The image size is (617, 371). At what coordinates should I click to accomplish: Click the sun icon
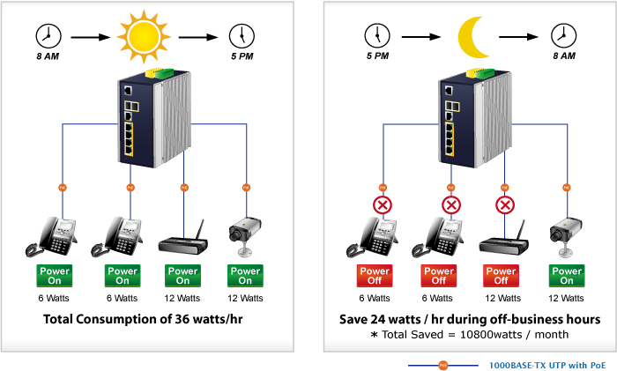click(x=144, y=37)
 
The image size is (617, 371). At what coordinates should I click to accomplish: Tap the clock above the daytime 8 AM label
click(x=48, y=36)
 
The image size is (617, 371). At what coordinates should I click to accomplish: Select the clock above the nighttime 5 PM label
click(x=377, y=36)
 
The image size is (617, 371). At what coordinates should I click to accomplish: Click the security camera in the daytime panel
click(x=245, y=236)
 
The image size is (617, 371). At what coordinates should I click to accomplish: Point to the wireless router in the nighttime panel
click(x=503, y=239)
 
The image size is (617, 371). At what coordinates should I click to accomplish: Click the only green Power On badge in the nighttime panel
click(x=567, y=276)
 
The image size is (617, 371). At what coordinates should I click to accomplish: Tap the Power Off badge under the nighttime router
click(x=501, y=276)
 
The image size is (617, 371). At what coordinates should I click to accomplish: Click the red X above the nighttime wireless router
click(x=505, y=205)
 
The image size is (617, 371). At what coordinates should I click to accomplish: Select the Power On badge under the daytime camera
click(x=245, y=276)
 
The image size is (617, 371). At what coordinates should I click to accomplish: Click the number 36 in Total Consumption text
click(x=181, y=319)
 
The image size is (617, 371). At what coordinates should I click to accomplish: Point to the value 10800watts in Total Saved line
click(x=491, y=335)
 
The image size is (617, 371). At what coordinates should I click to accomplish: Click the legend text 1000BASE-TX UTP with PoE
click(x=547, y=366)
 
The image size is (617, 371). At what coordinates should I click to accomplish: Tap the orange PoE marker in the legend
click(x=443, y=366)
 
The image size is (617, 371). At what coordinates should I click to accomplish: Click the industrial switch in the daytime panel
click(x=154, y=118)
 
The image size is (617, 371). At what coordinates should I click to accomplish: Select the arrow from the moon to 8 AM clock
click(x=518, y=37)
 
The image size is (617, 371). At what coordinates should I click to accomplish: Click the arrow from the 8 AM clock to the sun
click(x=91, y=37)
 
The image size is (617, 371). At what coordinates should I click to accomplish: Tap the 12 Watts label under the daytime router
click(x=182, y=298)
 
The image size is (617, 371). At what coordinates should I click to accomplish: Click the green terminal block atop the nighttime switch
click(x=486, y=73)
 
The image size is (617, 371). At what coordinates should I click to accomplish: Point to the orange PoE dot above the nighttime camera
click(x=567, y=188)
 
